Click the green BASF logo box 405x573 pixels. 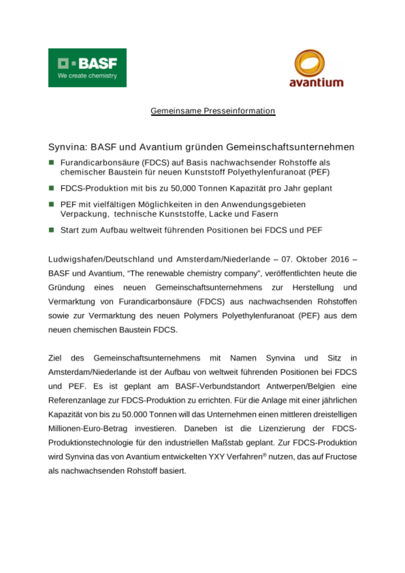coord(87,68)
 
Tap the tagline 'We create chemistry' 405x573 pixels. coord(87,76)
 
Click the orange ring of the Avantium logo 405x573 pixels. coord(309,64)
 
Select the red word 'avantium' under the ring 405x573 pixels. coord(316,83)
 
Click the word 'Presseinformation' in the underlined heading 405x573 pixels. coord(239,111)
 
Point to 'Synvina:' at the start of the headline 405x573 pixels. coord(68,147)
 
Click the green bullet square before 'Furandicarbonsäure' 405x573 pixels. coord(52,163)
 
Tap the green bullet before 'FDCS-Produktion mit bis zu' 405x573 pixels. coord(52,188)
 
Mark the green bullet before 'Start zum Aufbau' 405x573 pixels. coord(52,230)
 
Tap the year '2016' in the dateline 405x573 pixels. coord(340,259)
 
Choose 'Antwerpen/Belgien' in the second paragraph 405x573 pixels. coord(300,386)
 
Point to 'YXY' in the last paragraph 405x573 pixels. coord(216,457)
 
